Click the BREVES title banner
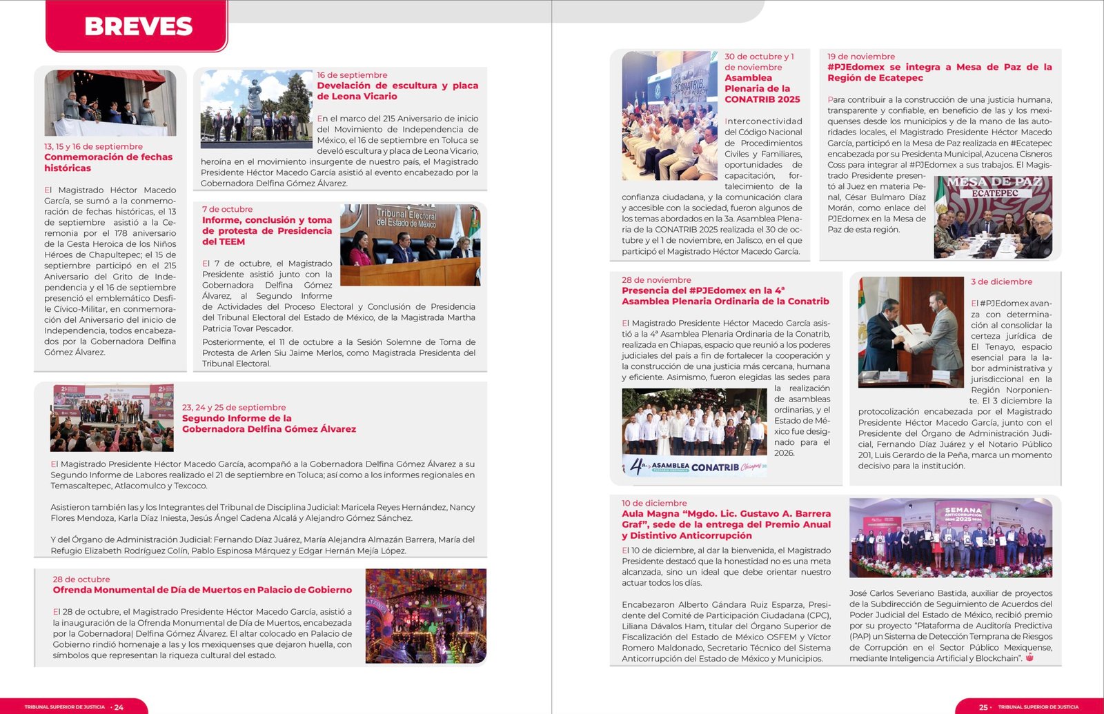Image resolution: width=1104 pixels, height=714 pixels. tap(138, 26)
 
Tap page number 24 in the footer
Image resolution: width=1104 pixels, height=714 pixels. tap(119, 707)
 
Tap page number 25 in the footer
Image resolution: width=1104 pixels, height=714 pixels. tap(983, 707)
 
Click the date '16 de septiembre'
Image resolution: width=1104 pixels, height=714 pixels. tap(352, 75)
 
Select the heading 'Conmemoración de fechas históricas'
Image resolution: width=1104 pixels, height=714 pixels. tap(108, 162)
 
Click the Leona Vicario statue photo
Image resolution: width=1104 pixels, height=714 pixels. tap(256, 109)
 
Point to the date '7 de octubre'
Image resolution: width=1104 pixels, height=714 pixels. tap(227, 209)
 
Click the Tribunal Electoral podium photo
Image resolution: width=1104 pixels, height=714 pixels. tap(410, 245)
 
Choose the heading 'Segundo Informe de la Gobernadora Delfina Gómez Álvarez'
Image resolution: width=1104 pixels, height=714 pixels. tap(268, 424)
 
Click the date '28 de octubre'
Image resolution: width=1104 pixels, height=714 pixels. tap(81, 579)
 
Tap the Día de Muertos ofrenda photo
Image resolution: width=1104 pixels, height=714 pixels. tap(426, 616)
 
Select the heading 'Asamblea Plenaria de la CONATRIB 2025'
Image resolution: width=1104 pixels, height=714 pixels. tap(762, 88)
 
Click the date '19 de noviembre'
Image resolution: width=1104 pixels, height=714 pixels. tap(860, 57)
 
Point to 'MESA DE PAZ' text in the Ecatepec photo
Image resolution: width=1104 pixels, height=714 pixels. tap(994, 182)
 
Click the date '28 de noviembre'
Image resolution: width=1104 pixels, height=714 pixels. tap(656, 280)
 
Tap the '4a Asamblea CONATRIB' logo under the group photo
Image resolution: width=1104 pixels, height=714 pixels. tap(694, 467)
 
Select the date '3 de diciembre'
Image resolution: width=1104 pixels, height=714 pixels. tap(1001, 281)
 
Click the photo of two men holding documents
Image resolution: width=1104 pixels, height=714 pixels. tap(910, 332)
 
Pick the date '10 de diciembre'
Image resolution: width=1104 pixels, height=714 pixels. tap(654, 503)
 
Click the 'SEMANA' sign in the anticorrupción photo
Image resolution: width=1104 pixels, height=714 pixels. tap(963, 510)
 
